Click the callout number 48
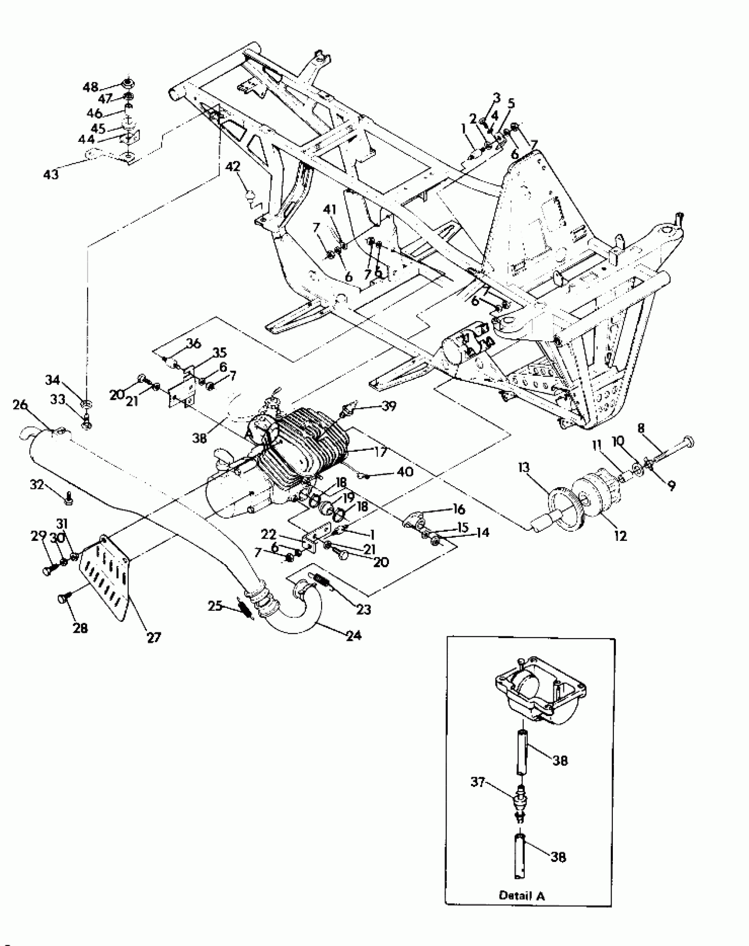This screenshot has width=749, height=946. [x=90, y=87]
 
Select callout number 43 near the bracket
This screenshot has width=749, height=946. [x=51, y=175]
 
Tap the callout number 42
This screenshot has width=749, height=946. [x=233, y=167]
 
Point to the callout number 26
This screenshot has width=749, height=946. [x=20, y=405]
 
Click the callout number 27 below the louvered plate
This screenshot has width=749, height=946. [x=154, y=637]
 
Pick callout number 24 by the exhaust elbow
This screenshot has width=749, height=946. [x=353, y=635]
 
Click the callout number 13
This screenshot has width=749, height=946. [x=525, y=468]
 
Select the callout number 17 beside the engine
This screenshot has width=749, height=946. [x=379, y=452]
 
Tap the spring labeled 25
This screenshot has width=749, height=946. [x=245, y=610]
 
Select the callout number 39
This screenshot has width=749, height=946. [x=388, y=406]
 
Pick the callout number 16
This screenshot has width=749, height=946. [x=459, y=510]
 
